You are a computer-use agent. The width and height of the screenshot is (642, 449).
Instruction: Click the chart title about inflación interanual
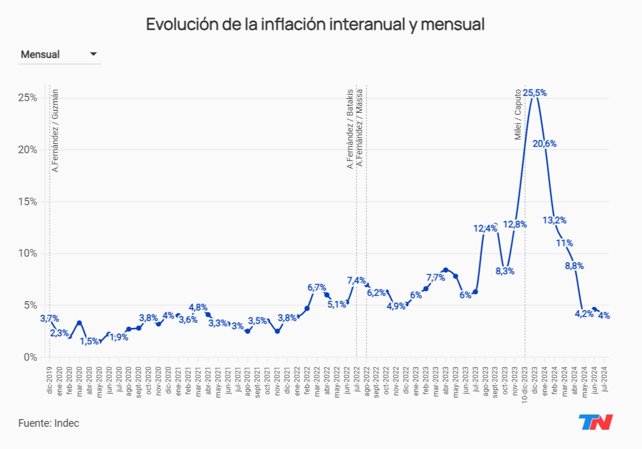(x=315, y=25)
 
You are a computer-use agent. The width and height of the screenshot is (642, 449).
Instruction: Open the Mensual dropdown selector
(x=59, y=54)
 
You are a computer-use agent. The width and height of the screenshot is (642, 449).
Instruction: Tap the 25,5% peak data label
(x=535, y=93)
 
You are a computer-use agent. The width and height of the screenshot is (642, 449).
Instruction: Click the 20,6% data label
(x=544, y=144)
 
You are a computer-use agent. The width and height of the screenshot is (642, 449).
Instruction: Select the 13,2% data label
(x=554, y=220)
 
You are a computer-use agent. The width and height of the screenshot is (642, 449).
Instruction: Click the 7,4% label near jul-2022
(x=356, y=280)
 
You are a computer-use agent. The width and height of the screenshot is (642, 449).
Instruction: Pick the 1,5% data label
(x=89, y=341)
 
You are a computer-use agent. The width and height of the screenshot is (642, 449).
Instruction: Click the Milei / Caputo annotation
(x=518, y=115)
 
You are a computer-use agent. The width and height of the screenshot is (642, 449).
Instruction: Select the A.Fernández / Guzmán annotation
(x=55, y=130)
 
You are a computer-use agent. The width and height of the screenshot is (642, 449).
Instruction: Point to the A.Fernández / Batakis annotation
(x=350, y=129)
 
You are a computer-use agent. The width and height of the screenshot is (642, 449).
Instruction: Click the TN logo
(x=595, y=422)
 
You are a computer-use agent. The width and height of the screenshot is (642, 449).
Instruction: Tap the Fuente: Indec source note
(x=49, y=423)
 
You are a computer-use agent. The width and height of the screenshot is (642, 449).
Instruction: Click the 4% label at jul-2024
(x=604, y=316)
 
